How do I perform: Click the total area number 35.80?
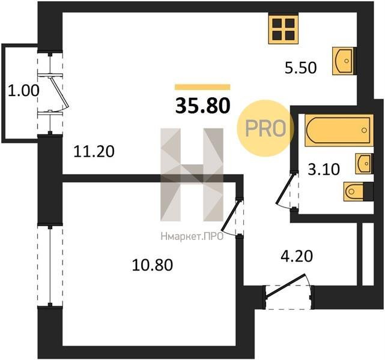click(x=203, y=106)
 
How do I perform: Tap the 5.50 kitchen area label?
click(x=300, y=68)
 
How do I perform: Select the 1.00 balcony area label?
click(x=23, y=90)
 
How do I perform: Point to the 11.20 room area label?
click(x=94, y=151)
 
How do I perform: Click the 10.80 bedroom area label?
click(x=152, y=265)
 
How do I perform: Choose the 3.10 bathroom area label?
click(x=324, y=169)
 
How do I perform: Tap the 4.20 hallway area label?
click(x=297, y=256)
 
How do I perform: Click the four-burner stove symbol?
click(x=283, y=29)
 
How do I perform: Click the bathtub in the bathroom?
click(x=339, y=130)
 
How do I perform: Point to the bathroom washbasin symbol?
click(x=364, y=164)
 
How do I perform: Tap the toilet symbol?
click(x=358, y=191)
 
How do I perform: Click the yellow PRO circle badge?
click(x=265, y=128)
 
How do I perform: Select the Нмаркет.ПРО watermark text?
click(x=192, y=236)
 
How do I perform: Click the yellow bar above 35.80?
click(x=202, y=87)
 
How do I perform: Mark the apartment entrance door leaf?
click(x=285, y=286)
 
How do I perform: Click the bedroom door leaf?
click(x=230, y=216)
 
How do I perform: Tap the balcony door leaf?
click(x=59, y=92)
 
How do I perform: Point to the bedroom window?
click(x=50, y=265)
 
